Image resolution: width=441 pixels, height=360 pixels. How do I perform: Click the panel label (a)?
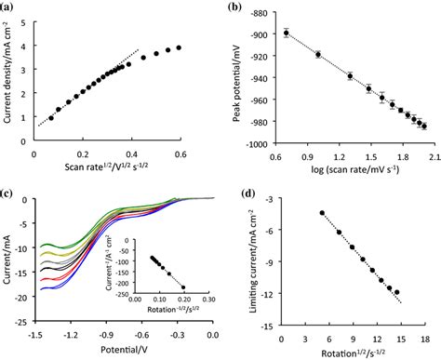pos(8,8)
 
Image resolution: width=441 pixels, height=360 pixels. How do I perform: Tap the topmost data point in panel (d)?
pos(322,213)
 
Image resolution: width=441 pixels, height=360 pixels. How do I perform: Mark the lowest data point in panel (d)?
pos(397,293)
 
